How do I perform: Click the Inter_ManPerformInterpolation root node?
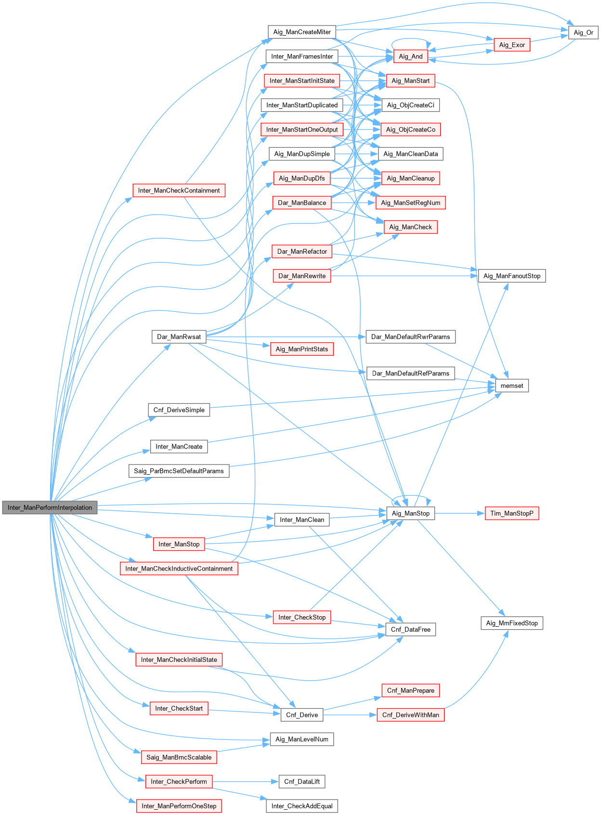(x=50, y=507)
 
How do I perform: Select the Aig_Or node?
(x=583, y=33)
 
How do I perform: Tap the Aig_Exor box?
(x=512, y=45)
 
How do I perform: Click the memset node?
(x=512, y=386)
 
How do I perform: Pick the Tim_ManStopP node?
(x=512, y=513)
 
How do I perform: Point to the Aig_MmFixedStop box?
(x=512, y=623)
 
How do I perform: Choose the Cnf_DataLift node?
(x=302, y=781)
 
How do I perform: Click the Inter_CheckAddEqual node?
(x=302, y=806)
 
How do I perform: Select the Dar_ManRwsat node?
(x=179, y=336)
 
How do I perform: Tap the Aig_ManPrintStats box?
(x=302, y=349)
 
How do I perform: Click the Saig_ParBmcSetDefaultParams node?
(x=179, y=471)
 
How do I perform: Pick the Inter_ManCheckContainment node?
(x=179, y=190)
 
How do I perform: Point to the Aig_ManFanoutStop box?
(x=512, y=276)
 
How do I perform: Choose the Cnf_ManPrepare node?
(x=411, y=690)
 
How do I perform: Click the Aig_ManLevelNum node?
(x=302, y=739)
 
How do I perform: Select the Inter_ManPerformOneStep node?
(x=179, y=806)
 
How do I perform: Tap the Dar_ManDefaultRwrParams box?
(x=411, y=336)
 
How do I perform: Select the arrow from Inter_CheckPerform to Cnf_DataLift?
(x=246, y=781)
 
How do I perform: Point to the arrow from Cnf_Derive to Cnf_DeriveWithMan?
(x=350, y=715)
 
